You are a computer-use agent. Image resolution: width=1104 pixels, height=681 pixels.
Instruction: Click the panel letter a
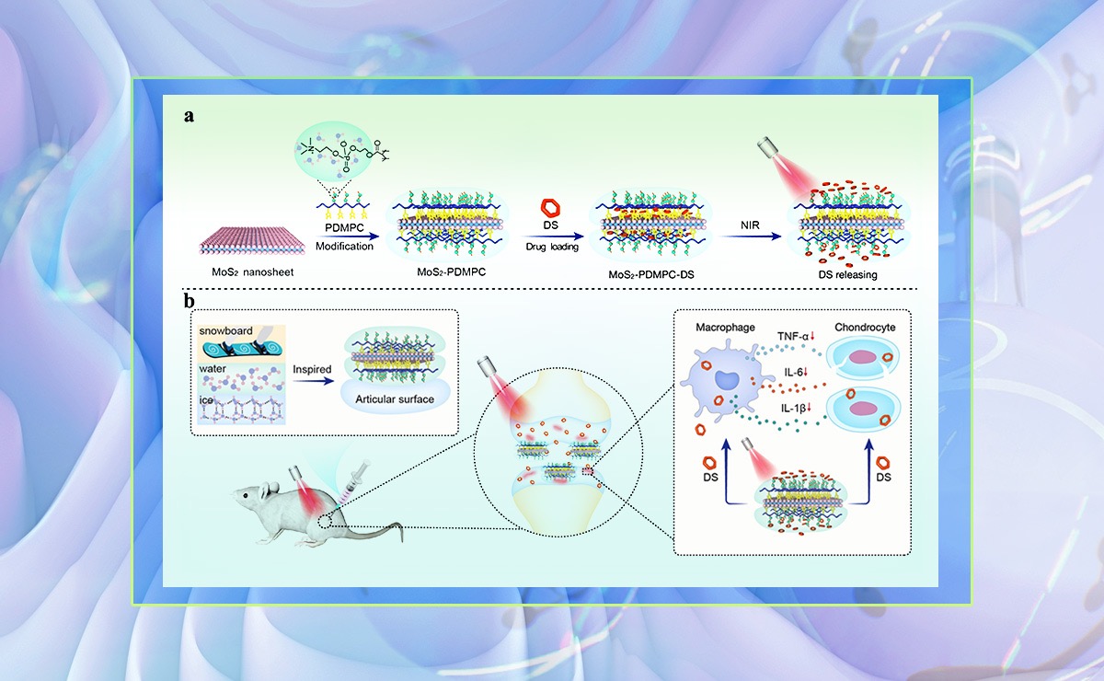pos(188,117)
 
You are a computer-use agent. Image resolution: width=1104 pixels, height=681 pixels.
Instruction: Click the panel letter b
pos(188,301)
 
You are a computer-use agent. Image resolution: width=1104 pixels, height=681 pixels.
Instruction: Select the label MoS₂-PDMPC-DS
pos(638,273)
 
